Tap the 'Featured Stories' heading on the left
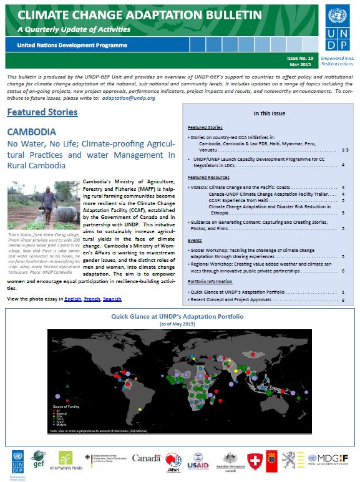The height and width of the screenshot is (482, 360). [x=42, y=112]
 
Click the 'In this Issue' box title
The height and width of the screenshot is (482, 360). [x=270, y=113]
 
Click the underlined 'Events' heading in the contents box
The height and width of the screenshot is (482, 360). [x=195, y=239]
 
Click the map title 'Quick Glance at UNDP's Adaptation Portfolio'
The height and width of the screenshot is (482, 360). [x=177, y=317]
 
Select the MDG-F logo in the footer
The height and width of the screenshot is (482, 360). [x=332, y=459]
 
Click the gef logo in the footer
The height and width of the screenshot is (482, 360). [x=39, y=459]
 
